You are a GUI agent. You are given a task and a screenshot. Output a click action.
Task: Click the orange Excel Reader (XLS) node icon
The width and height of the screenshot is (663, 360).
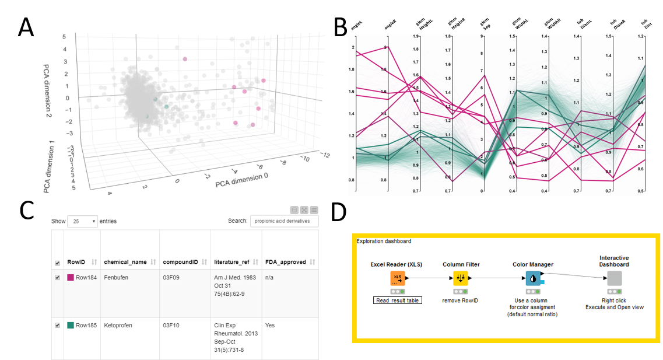click(398, 278)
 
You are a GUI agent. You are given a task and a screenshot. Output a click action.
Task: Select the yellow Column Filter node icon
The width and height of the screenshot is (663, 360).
click(461, 278)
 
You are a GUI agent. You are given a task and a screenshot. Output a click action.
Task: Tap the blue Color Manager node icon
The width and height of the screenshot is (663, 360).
click(533, 278)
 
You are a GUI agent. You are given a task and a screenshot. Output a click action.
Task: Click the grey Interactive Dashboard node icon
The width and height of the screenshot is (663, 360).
click(614, 278)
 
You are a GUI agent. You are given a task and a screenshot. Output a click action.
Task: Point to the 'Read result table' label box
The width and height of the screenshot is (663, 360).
click(397, 300)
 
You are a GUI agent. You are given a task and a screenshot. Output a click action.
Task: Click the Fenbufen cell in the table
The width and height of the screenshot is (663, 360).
click(117, 277)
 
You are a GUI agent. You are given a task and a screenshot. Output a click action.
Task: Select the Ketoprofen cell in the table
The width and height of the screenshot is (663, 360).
click(119, 325)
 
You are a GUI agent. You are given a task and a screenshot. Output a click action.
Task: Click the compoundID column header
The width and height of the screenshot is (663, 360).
click(180, 262)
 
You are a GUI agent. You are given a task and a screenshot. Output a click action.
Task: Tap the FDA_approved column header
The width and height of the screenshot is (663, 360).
click(285, 262)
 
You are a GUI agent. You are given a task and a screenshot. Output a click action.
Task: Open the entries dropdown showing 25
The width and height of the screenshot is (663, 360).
click(82, 221)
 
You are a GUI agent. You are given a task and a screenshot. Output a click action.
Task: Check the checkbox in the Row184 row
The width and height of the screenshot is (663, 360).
click(57, 278)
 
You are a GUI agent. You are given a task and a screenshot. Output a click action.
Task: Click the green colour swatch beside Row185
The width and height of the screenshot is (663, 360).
click(71, 325)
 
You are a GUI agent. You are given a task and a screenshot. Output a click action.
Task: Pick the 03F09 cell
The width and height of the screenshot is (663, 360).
click(171, 277)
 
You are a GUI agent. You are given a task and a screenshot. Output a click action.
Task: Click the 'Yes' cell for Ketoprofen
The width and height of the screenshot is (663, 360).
click(270, 325)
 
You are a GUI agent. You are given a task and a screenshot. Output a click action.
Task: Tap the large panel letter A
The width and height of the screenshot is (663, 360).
click(27, 27)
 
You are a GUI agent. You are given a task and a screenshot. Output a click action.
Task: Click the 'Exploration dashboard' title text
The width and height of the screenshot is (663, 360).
click(384, 241)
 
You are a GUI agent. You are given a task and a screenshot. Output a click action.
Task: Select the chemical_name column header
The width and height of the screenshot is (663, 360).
click(125, 262)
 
